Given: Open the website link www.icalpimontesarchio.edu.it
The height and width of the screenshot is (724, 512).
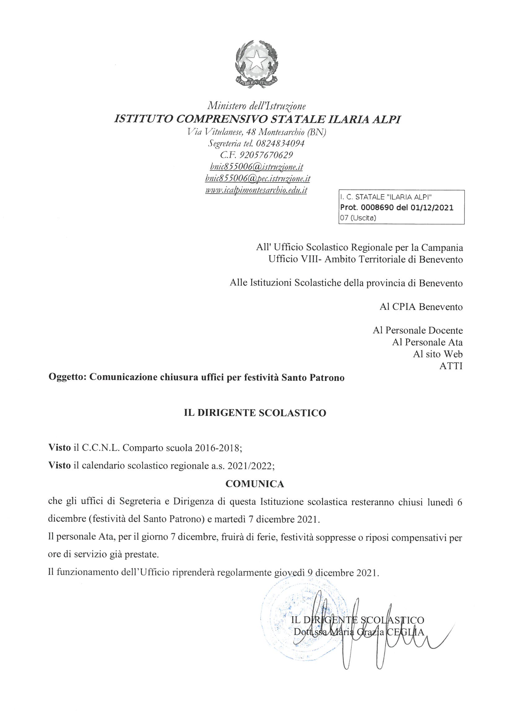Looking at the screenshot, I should point(256,190).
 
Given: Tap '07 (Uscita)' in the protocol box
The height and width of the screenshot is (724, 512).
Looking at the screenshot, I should point(358,218).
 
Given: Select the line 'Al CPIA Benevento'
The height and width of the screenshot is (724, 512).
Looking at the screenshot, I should point(421,307).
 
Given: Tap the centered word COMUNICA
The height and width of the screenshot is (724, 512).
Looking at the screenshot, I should point(255,484).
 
